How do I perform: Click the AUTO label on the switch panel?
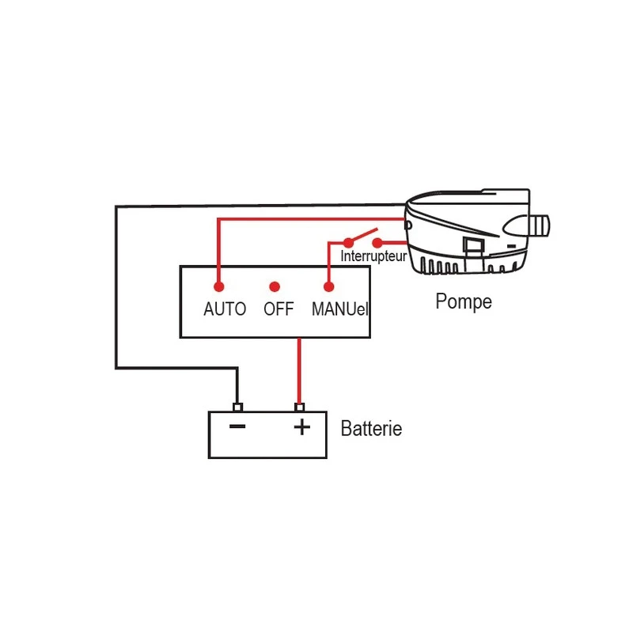pyautogui.click(x=225, y=309)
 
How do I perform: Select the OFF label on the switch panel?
pyautogui.click(x=279, y=309)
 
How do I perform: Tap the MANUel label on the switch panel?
pyautogui.click(x=339, y=309)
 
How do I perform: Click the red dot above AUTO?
pyautogui.click(x=219, y=286)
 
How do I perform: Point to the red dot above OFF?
pyautogui.click(x=275, y=286)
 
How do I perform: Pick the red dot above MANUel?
pyautogui.click(x=329, y=286)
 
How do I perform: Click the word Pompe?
pyautogui.click(x=464, y=301)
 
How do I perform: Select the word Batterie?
pyautogui.click(x=371, y=430)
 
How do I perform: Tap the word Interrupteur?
pyautogui.click(x=373, y=257)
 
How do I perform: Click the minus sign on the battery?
pyautogui.click(x=237, y=427)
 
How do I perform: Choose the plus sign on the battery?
pyautogui.click(x=301, y=427)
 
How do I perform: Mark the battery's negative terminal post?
pyautogui.click(x=237, y=407)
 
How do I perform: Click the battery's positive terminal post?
pyautogui.click(x=299, y=407)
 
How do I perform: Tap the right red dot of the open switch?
pyautogui.click(x=377, y=241)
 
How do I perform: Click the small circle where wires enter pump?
pyautogui.click(x=407, y=226)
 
